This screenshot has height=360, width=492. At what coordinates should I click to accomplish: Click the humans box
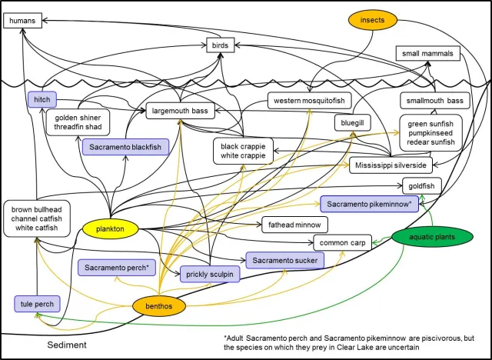22,21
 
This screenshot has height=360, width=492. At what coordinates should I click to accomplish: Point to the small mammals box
428,54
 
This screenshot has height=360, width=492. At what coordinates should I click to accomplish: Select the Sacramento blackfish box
124,147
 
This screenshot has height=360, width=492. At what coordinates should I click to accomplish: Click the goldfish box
424,185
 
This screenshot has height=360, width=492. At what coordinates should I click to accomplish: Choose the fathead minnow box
295,225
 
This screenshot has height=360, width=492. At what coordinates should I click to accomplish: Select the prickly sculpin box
208,275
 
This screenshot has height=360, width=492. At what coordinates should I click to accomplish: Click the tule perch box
36,305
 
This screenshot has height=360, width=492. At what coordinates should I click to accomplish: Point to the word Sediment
65,345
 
